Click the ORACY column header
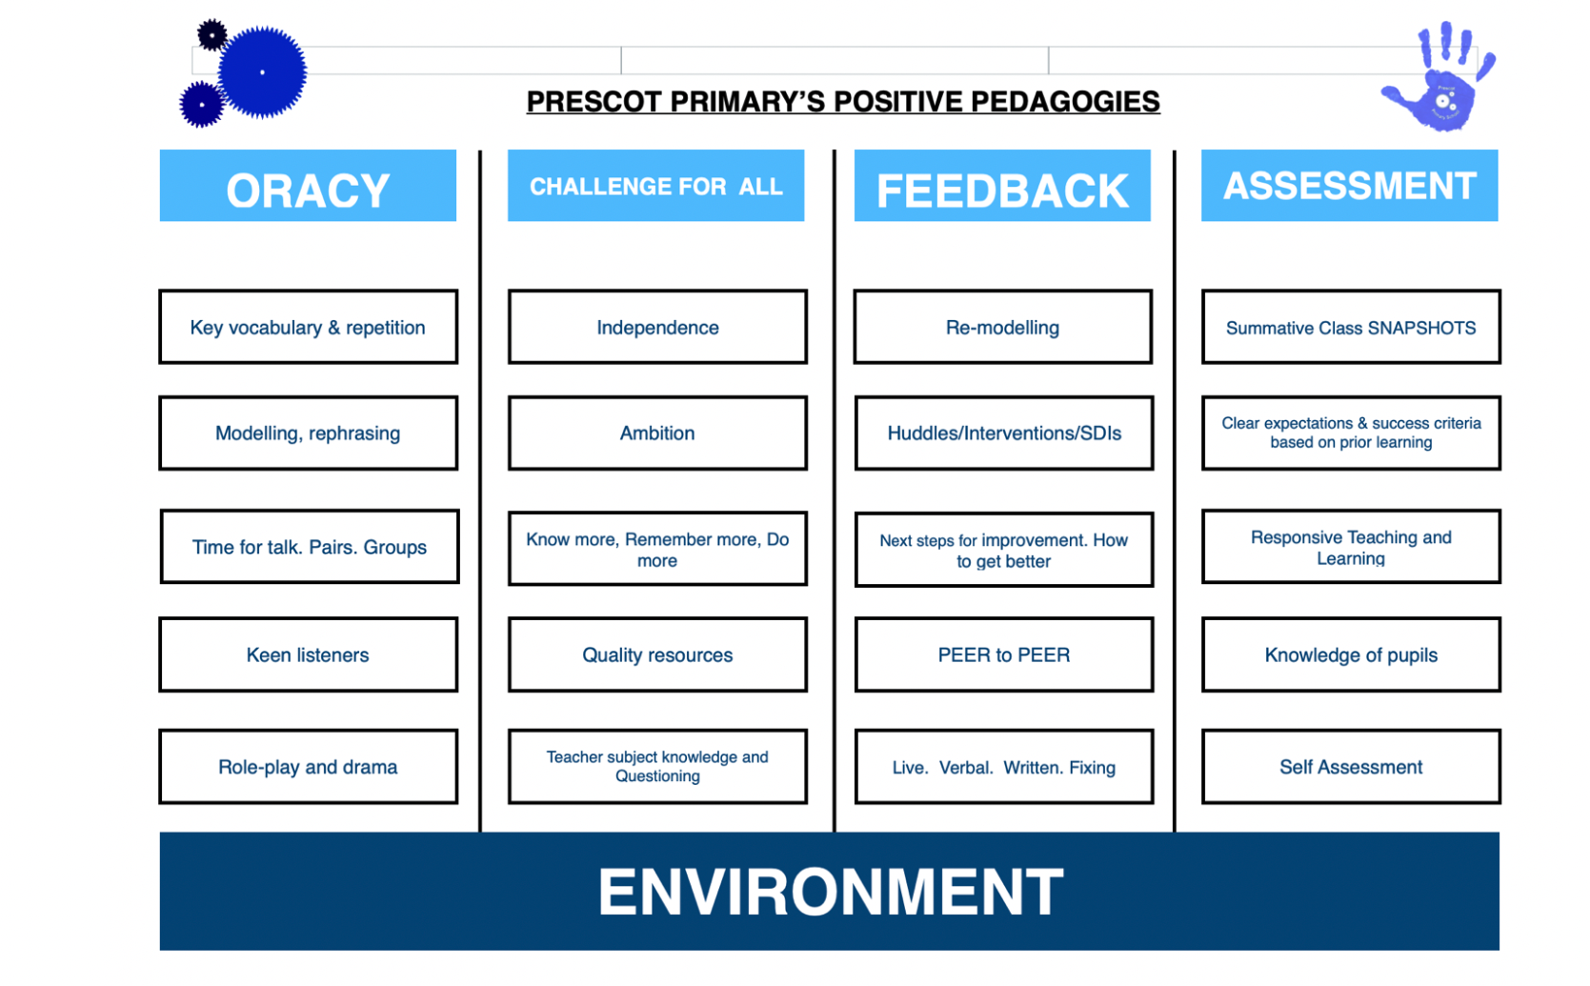(308, 185)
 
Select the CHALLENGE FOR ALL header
(655, 185)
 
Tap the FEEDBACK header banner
(1002, 185)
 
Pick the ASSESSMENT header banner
(1349, 185)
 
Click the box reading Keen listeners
(308, 654)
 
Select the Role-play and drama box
(308, 767)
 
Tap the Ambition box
(657, 433)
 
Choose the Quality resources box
(657, 654)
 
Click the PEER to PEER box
(1004, 654)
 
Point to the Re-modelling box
(1002, 327)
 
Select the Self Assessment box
(1351, 767)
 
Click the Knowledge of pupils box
(1351, 654)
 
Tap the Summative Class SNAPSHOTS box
(1351, 327)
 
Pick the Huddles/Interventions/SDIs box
(1004, 433)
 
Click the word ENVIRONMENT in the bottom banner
(830, 892)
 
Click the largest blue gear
(262, 71)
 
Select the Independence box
(657, 327)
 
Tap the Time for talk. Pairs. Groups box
(310, 547)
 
